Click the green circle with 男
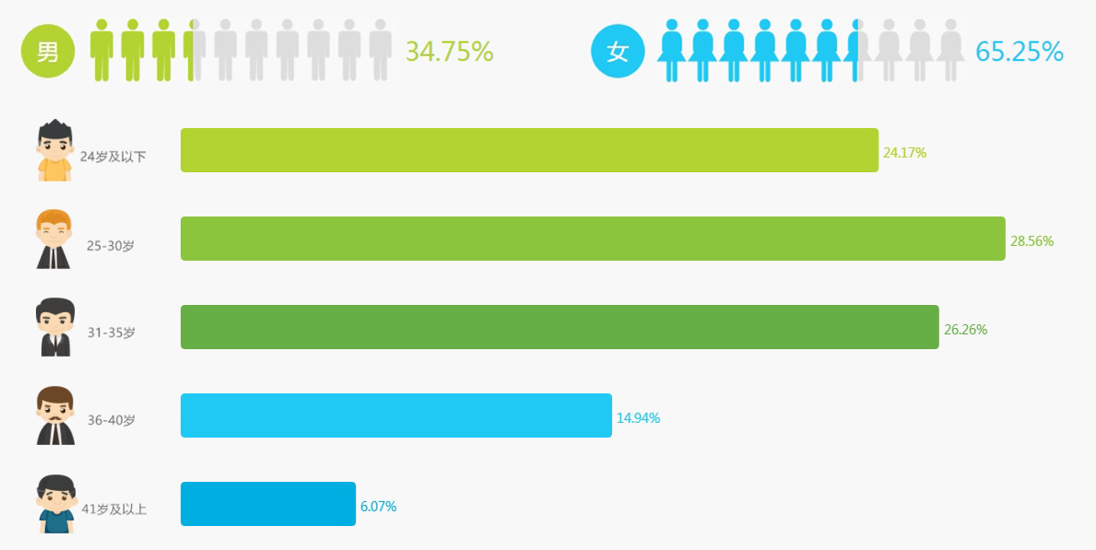pyautogui.click(x=48, y=52)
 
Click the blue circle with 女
pyautogui.click(x=618, y=52)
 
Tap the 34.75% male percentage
pyautogui.click(x=450, y=52)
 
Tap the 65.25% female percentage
pyautogui.click(x=1019, y=52)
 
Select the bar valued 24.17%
pyautogui.click(x=529, y=150)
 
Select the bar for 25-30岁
pyautogui.click(x=593, y=239)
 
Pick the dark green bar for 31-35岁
pyautogui.click(x=560, y=327)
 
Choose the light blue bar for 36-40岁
pyautogui.click(x=396, y=415)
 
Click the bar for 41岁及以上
pyautogui.click(x=268, y=504)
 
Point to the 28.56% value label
pyautogui.click(x=1031, y=241)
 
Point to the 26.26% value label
pyautogui.click(x=965, y=330)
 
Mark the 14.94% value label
pyautogui.click(x=638, y=418)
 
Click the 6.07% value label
pyautogui.click(x=378, y=507)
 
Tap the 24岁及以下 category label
pyautogui.click(x=112, y=157)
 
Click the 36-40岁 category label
pyautogui.click(x=111, y=420)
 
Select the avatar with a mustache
pyautogui.click(x=55, y=415)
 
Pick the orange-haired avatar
pyautogui.click(x=53, y=240)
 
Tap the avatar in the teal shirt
pyautogui.click(x=55, y=504)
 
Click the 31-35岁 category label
pyautogui.click(x=111, y=333)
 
